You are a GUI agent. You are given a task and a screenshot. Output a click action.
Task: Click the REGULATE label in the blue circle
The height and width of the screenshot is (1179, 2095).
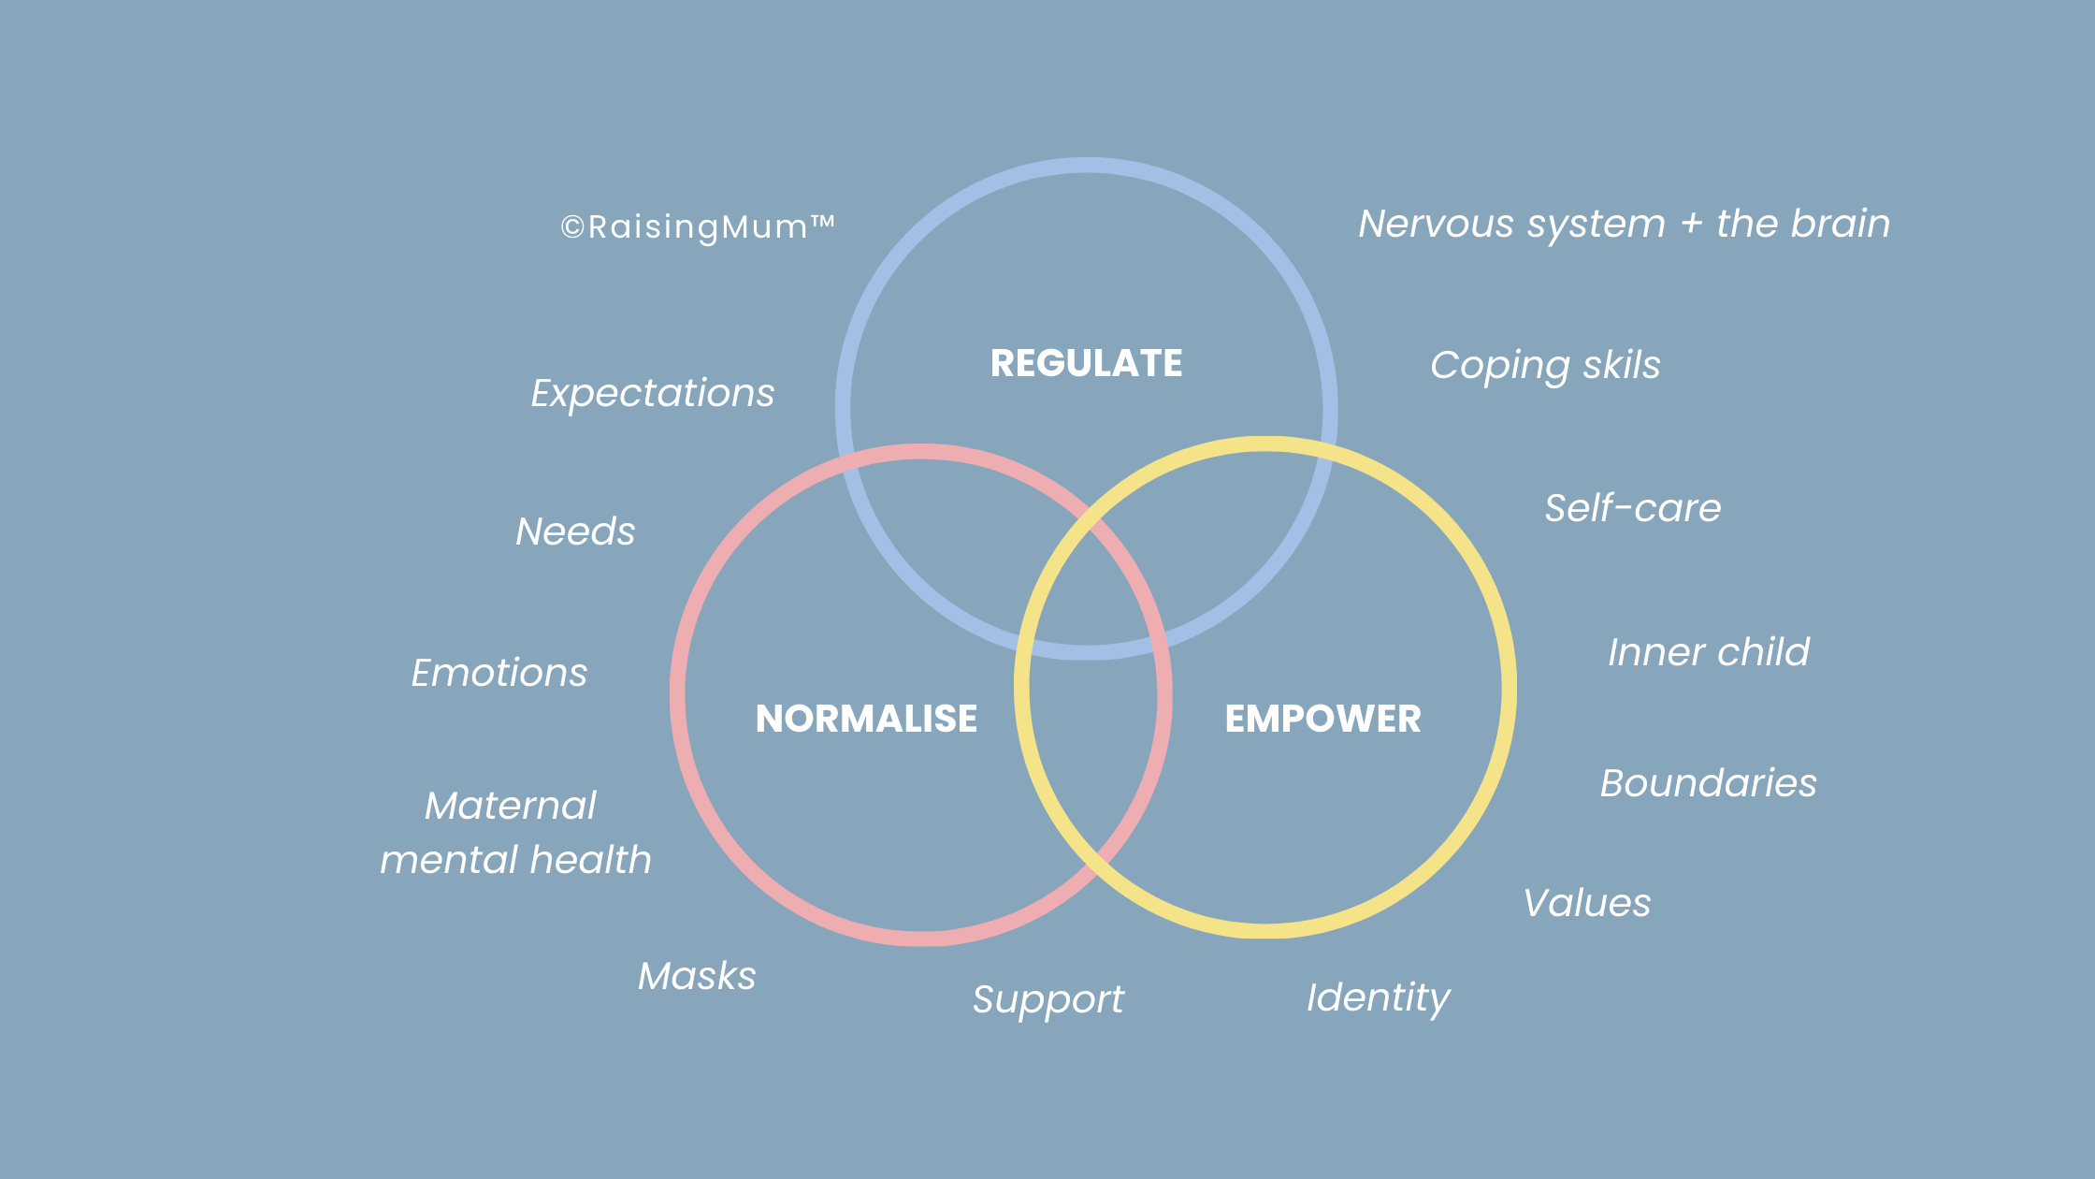(x=1086, y=363)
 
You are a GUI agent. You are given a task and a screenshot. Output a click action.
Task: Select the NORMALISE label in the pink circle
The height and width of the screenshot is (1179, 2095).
(x=866, y=719)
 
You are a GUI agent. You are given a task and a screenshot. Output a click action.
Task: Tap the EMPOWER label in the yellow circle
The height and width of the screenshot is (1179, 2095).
(x=1322, y=719)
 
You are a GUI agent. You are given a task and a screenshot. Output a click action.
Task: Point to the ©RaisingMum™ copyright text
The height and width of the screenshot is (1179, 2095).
(x=697, y=226)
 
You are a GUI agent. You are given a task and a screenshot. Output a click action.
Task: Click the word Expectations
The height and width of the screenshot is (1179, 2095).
(x=653, y=393)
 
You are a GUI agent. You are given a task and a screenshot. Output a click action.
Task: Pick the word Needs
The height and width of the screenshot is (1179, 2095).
(x=575, y=531)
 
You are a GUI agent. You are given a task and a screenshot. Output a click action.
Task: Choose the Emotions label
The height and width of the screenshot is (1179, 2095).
(x=499, y=673)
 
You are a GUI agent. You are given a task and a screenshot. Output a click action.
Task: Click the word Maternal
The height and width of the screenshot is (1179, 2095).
(x=511, y=806)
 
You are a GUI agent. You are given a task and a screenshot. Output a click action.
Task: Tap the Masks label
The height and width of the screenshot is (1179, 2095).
(x=697, y=976)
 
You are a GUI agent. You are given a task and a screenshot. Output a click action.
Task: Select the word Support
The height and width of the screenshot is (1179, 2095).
(x=1047, y=999)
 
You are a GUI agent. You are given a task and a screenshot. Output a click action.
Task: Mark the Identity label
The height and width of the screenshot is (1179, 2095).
(x=1378, y=997)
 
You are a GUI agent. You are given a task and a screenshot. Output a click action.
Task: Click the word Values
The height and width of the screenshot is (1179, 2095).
(x=1587, y=903)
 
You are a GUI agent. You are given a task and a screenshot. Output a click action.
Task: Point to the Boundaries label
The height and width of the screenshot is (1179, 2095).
(x=1708, y=783)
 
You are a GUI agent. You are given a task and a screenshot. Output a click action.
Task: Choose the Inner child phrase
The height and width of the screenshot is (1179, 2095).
(x=1708, y=652)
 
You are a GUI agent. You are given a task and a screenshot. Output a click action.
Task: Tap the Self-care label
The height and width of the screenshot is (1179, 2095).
(x=1632, y=508)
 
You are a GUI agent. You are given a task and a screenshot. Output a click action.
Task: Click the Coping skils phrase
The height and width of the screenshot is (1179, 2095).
(x=1545, y=365)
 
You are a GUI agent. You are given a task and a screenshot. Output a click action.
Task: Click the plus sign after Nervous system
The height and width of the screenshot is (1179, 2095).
(x=1691, y=225)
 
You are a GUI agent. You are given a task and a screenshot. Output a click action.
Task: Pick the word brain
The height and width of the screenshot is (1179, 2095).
(x=1840, y=224)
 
